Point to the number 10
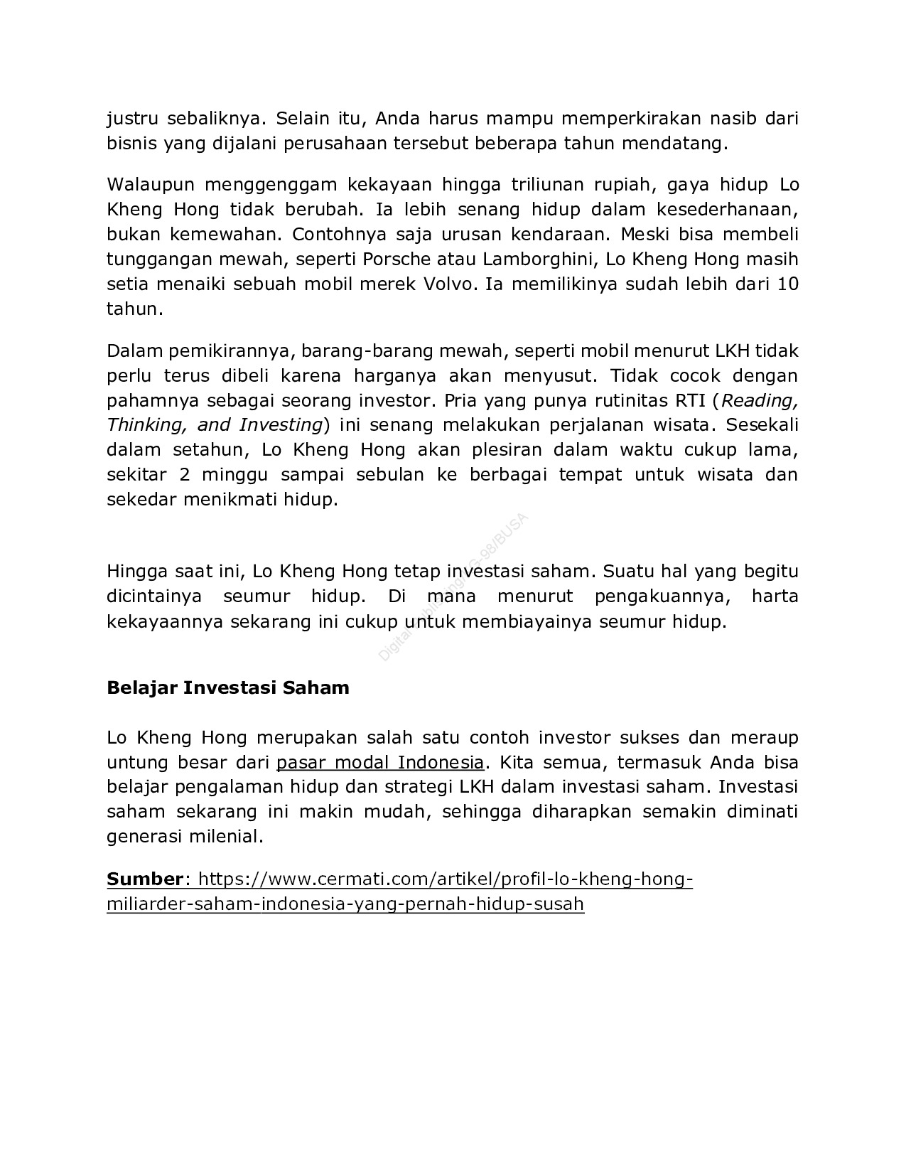click(x=788, y=284)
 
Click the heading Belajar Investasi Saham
click(x=228, y=688)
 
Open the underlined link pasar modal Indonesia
click(x=380, y=763)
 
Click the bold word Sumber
click(x=145, y=879)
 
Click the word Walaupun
click(x=151, y=185)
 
